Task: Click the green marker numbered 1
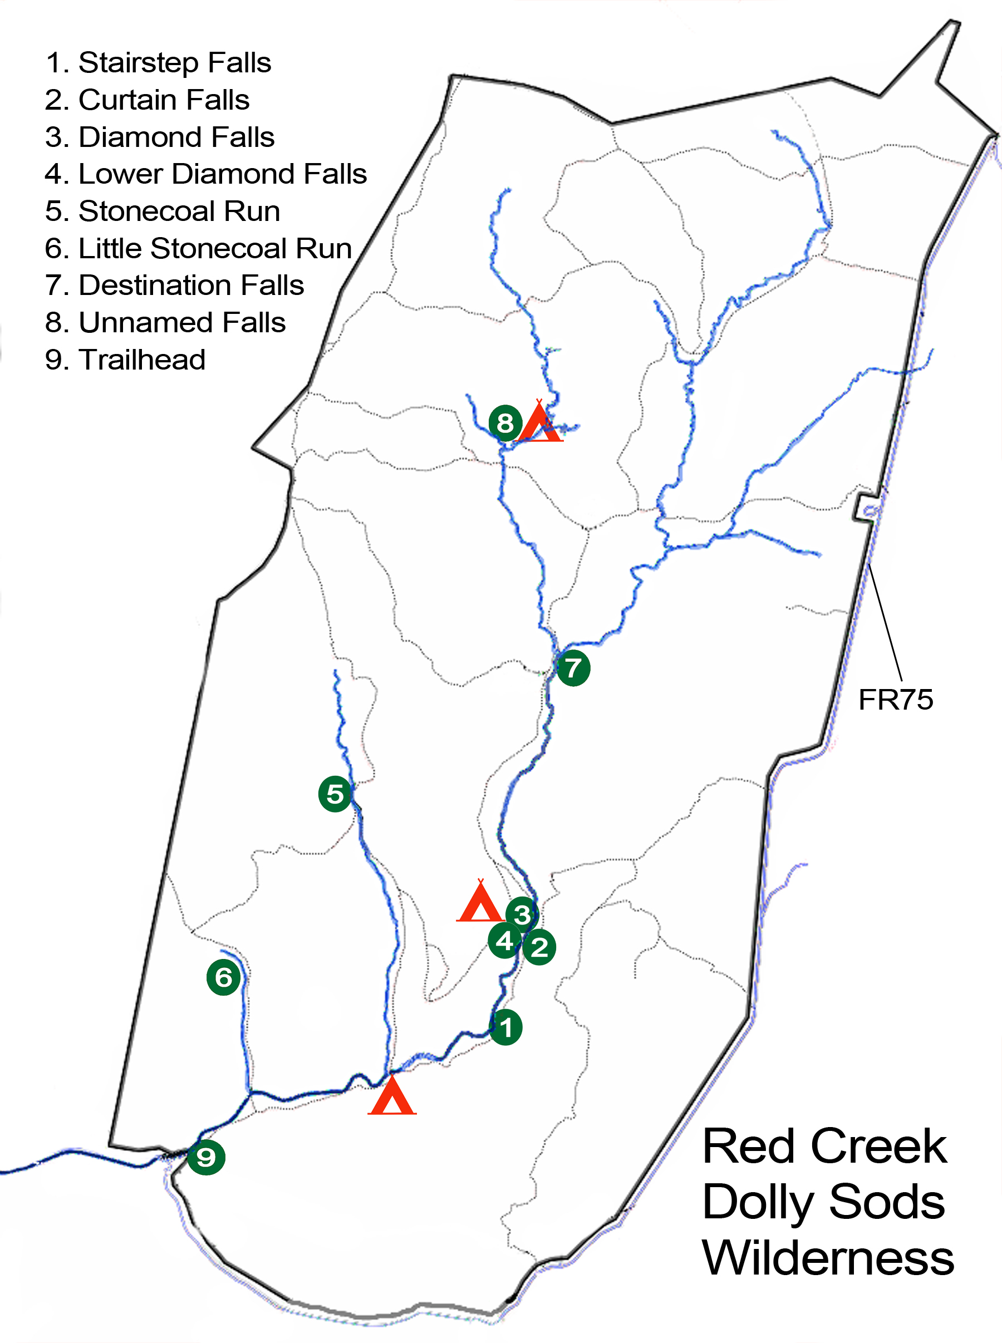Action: tap(505, 1027)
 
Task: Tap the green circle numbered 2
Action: tap(539, 947)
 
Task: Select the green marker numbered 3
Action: tap(522, 914)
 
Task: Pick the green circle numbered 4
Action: tap(505, 941)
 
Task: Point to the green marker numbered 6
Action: tap(224, 977)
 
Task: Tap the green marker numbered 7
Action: tap(573, 668)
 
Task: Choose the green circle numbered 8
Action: tap(505, 423)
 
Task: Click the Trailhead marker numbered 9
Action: tap(206, 1157)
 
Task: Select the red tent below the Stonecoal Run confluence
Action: tap(392, 1098)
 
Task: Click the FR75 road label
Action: tap(895, 700)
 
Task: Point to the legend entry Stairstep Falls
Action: tap(158, 62)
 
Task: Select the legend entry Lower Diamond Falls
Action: tap(205, 174)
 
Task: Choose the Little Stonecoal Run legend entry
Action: tap(198, 249)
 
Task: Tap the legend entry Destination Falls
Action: tap(174, 286)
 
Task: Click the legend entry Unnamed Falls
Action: tap(165, 323)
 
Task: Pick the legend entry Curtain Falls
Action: tap(148, 100)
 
